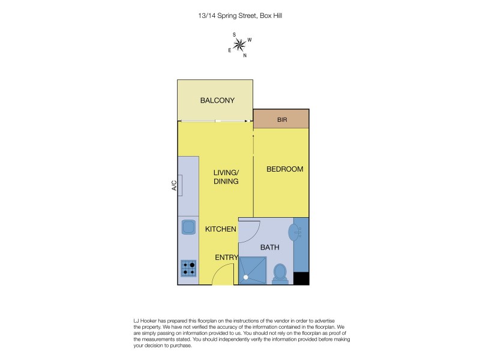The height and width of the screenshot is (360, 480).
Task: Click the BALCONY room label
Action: (217, 100)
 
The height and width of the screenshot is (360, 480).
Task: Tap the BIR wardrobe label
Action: (282, 120)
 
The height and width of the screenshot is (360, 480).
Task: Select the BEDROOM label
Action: (285, 169)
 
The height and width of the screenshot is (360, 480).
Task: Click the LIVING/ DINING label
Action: (226, 177)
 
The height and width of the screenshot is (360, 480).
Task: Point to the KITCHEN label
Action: (220, 229)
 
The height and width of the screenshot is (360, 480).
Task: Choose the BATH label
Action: (269, 247)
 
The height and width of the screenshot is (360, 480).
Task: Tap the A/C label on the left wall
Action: (174, 186)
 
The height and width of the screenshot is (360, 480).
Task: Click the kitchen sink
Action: (188, 227)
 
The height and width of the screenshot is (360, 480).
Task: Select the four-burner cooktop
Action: (188, 268)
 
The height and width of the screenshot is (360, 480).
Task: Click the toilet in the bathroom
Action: (280, 274)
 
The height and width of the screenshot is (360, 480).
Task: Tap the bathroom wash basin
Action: (295, 232)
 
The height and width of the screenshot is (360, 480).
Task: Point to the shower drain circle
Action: (245, 278)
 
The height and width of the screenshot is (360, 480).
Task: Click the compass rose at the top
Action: (239, 44)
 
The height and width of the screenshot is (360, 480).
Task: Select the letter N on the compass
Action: (245, 55)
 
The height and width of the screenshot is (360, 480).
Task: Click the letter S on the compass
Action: (234, 34)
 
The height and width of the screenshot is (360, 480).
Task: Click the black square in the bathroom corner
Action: (301, 278)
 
